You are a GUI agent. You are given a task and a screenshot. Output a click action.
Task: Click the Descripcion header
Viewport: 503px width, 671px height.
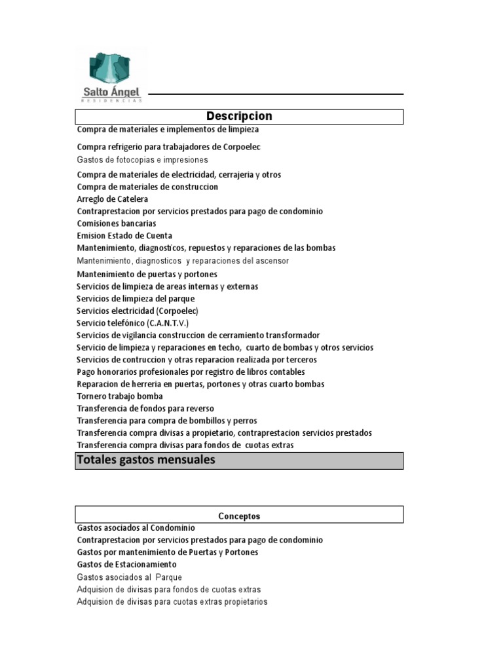tap(239, 116)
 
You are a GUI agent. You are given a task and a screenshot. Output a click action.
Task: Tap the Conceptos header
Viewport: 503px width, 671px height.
tap(239, 516)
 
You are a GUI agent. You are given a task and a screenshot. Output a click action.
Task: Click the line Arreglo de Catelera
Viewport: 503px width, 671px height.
tap(113, 199)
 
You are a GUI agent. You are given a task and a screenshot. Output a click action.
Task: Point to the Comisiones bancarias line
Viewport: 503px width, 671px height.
tap(116, 223)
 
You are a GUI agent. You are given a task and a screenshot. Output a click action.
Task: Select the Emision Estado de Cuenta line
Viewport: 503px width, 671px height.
tap(124, 235)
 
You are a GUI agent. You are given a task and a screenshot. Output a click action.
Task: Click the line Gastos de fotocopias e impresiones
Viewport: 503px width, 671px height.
tap(142, 160)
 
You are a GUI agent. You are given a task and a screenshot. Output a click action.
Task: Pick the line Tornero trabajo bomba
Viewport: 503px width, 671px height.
tap(120, 396)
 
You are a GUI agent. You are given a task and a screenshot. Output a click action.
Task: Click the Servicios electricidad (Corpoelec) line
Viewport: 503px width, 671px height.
tap(137, 311)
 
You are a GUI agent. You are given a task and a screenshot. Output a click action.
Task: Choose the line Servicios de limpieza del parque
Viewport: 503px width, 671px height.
tap(136, 299)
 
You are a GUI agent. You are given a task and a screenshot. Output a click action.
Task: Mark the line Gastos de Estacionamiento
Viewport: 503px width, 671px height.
tap(126, 564)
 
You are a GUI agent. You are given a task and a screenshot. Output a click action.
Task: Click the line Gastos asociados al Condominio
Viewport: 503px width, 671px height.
tap(136, 527)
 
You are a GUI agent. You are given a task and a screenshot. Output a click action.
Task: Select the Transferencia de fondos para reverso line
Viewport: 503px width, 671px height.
tap(145, 408)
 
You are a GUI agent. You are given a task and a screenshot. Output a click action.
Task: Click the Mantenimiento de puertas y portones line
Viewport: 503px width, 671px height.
tap(147, 274)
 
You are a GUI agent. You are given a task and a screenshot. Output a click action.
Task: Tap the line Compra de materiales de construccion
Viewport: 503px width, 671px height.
tap(147, 187)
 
